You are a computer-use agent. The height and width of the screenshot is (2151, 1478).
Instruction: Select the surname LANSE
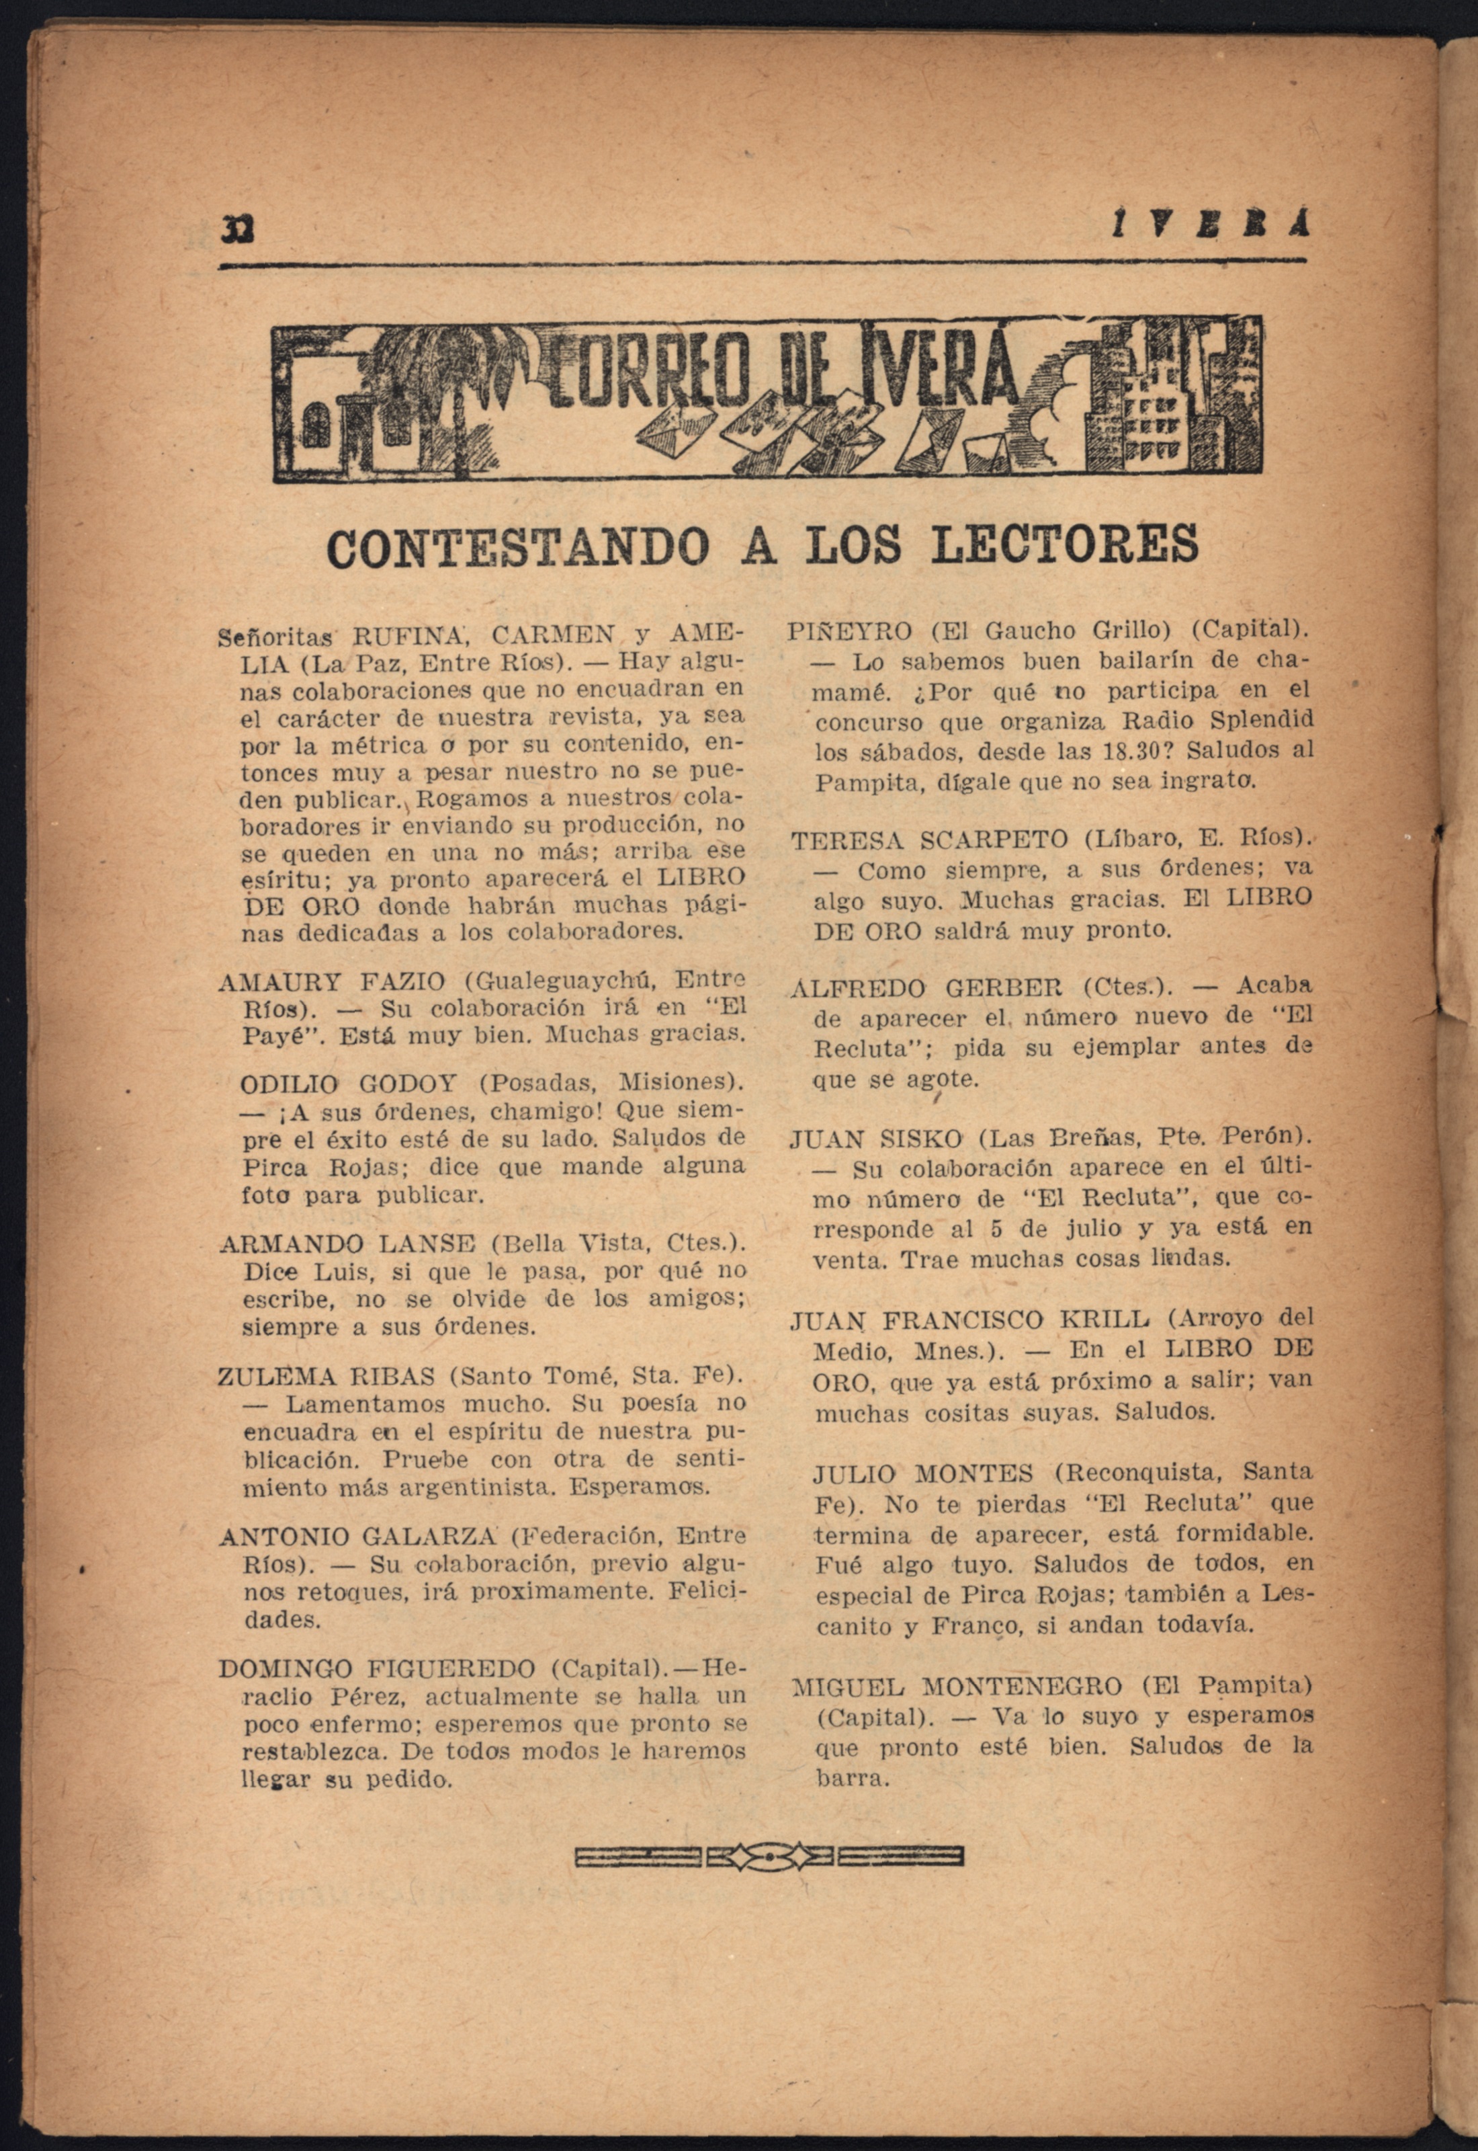point(425,1243)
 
